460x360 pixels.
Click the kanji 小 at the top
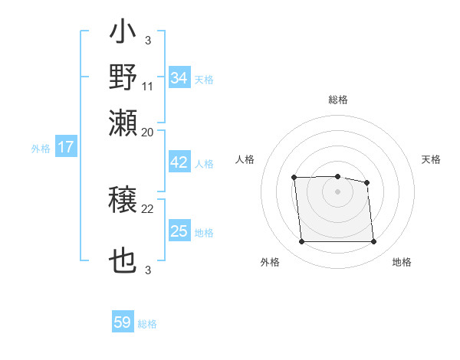(x=123, y=34)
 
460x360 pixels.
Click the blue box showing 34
(x=179, y=78)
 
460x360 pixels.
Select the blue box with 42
(x=179, y=162)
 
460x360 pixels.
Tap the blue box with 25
(x=179, y=231)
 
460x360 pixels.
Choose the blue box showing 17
(x=65, y=147)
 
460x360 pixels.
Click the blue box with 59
(x=123, y=322)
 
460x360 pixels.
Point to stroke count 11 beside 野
(x=148, y=86)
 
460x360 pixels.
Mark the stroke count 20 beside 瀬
(x=148, y=132)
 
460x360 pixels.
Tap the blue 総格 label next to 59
(x=147, y=324)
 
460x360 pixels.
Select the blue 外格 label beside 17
(x=41, y=149)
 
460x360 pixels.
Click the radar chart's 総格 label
(x=337, y=100)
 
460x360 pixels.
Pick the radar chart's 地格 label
(x=402, y=263)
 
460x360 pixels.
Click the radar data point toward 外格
(x=302, y=242)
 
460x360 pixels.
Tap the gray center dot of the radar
(x=337, y=191)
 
